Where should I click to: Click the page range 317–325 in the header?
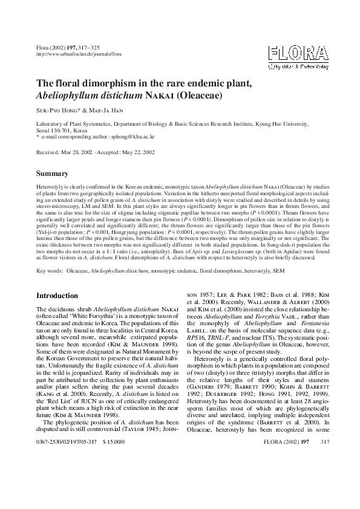(93, 47)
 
